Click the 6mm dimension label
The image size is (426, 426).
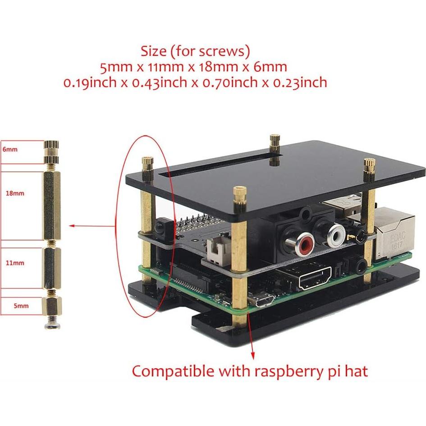pos(10,149)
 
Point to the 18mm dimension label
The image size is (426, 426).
pos(15,193)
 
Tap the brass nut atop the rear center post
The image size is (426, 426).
pos(274,142)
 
